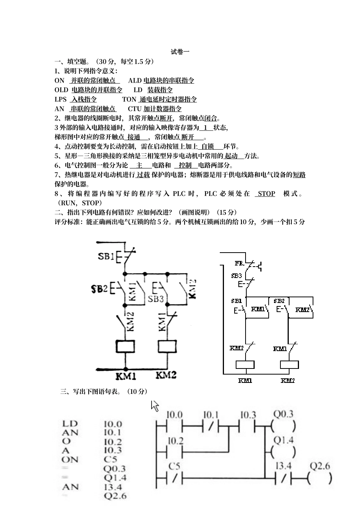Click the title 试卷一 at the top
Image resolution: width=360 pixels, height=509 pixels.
(180, 52)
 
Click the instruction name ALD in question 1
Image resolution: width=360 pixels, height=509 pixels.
(135, 80)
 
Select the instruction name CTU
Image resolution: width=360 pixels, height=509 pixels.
(135, 109)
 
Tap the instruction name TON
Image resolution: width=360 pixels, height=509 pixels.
(129, 99)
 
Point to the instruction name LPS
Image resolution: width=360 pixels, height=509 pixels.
(61, 99)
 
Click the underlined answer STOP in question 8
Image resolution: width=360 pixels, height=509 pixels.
(266, 194)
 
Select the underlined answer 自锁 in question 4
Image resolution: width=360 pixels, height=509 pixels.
(207, 147)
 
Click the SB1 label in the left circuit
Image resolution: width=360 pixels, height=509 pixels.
(106, 256)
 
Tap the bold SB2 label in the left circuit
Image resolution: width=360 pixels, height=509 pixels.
(99, 289)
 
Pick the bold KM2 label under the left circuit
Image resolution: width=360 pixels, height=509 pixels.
(166, 375)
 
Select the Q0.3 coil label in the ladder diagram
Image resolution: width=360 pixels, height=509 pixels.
(283, 414)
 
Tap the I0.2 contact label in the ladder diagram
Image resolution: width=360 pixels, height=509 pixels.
(175, 440)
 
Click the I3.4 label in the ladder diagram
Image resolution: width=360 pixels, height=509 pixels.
(283, 466)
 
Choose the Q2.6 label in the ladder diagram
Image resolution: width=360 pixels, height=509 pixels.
(320, 466)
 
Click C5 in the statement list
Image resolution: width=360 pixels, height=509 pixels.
(111, 459)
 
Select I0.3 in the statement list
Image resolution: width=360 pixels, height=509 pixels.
(113, 450)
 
